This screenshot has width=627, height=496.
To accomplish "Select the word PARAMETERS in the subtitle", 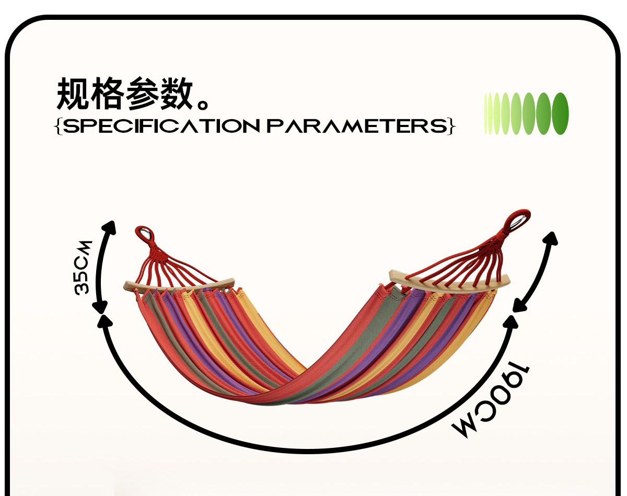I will (x=357, y=126).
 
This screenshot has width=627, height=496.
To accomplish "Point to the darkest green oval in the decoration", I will (x=560, y=113).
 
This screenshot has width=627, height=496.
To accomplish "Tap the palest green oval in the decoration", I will (x=486, y=113).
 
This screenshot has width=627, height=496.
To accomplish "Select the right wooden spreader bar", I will (x=450, y=282).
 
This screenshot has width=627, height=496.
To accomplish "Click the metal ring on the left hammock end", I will (x=143, y=233).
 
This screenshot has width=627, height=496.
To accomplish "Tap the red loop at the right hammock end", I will (x=518, y=219).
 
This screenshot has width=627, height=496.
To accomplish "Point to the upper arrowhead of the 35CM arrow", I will (x=110, y=227).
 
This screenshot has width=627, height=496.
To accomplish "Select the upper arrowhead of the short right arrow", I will (x=551, y=238).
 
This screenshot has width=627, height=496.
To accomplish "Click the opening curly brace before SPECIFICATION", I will (x=58, y=126).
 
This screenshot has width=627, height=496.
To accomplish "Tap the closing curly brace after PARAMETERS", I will (x=451, y=126).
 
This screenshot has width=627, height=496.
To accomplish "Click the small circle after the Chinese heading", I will (x=202, y=102).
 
